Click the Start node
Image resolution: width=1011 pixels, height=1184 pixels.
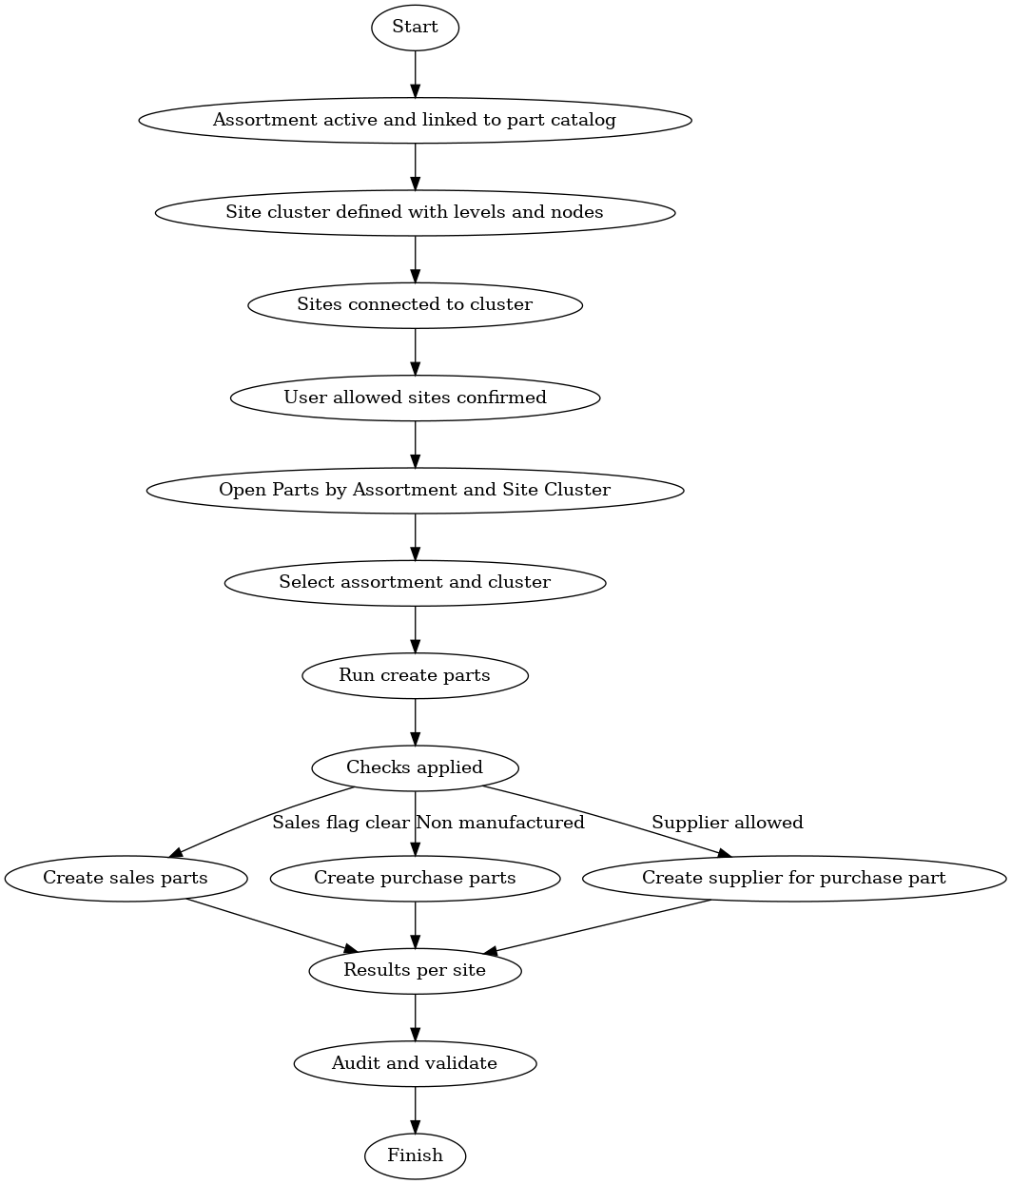[415, 28]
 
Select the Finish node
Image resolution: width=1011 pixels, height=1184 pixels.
[415, 1155]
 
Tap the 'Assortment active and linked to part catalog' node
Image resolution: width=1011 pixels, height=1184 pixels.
[415, 120]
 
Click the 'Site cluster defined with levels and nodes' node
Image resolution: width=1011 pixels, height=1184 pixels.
[415, 212]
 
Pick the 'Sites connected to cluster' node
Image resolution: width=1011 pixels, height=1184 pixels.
[415, 304]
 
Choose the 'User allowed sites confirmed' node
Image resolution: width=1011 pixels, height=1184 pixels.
[415, 397]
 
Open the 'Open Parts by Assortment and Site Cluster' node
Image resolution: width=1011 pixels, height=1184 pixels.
[415, 490]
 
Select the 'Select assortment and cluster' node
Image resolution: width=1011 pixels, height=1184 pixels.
[415, 582]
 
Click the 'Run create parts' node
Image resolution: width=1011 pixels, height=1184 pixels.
[415, 675]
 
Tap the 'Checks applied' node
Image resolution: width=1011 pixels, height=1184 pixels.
[415, 767]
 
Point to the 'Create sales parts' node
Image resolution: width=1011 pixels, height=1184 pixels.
[126, 878]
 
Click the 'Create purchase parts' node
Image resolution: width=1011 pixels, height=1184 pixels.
[415, 878]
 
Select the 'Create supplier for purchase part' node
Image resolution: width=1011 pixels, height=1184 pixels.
[793, 878]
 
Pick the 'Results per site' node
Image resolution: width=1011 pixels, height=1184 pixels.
[415, 970]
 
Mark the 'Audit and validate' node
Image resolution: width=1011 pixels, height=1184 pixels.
[415, 1063]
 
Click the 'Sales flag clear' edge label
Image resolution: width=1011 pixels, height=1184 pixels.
[340, 823]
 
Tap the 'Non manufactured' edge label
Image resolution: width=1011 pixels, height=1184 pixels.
[500, 823]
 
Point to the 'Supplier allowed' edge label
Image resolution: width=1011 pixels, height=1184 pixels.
[727, 823]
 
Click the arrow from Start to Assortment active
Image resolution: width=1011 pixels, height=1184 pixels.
[415, 74]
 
